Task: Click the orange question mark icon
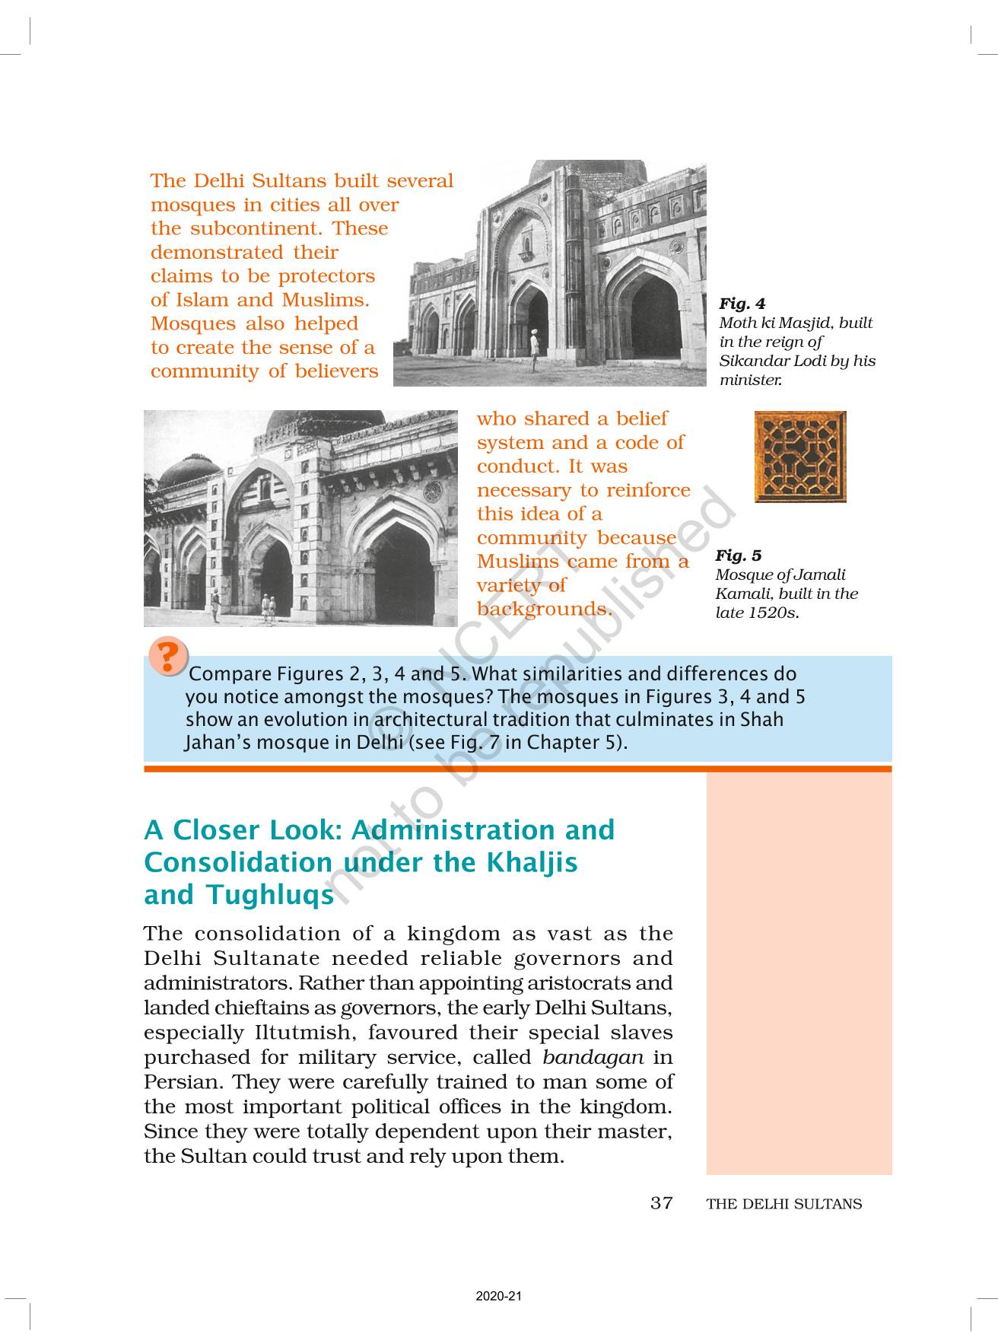coord(169,656)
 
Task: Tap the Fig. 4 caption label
coord(742,304)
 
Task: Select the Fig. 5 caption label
coord(738,556)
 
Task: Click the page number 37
coord(662,1203)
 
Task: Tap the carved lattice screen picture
coord(800,457)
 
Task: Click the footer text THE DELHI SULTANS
coord(784,1204)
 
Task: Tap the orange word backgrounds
coord(545,609)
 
